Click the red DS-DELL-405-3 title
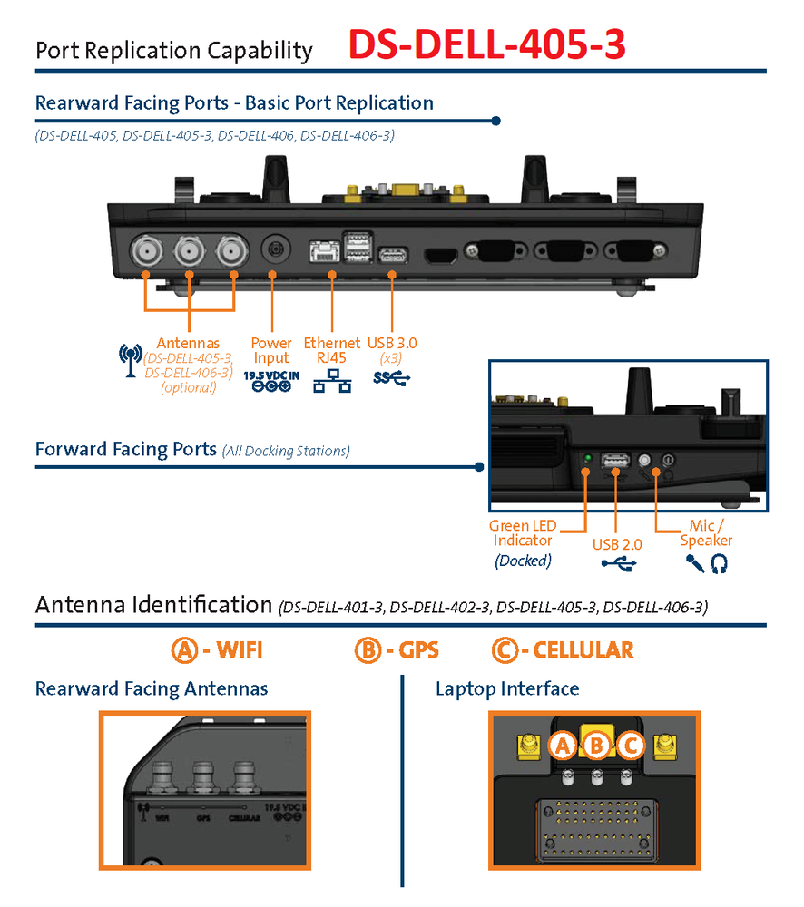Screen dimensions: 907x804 point(486,44)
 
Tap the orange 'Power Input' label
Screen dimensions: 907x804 point(271,350)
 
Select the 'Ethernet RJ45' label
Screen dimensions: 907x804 point(331,350)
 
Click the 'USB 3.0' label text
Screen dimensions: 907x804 point(392,343)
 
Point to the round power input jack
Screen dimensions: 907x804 point(275,249)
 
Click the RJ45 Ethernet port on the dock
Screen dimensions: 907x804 point(323,252)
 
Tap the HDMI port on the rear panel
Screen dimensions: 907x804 point(442,255)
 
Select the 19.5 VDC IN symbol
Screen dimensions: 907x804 point(271,380)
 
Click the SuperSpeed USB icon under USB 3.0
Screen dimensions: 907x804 point(392,377)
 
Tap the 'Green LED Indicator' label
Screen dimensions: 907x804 point(523,533)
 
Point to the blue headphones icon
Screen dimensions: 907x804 point(720,564)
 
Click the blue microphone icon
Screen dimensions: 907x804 point(695,564)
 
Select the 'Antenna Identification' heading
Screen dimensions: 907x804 point(152,604)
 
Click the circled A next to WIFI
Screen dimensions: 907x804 point(184,649)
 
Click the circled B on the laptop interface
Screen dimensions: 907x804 point(596,746)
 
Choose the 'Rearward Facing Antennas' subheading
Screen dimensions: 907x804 point(152,688)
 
